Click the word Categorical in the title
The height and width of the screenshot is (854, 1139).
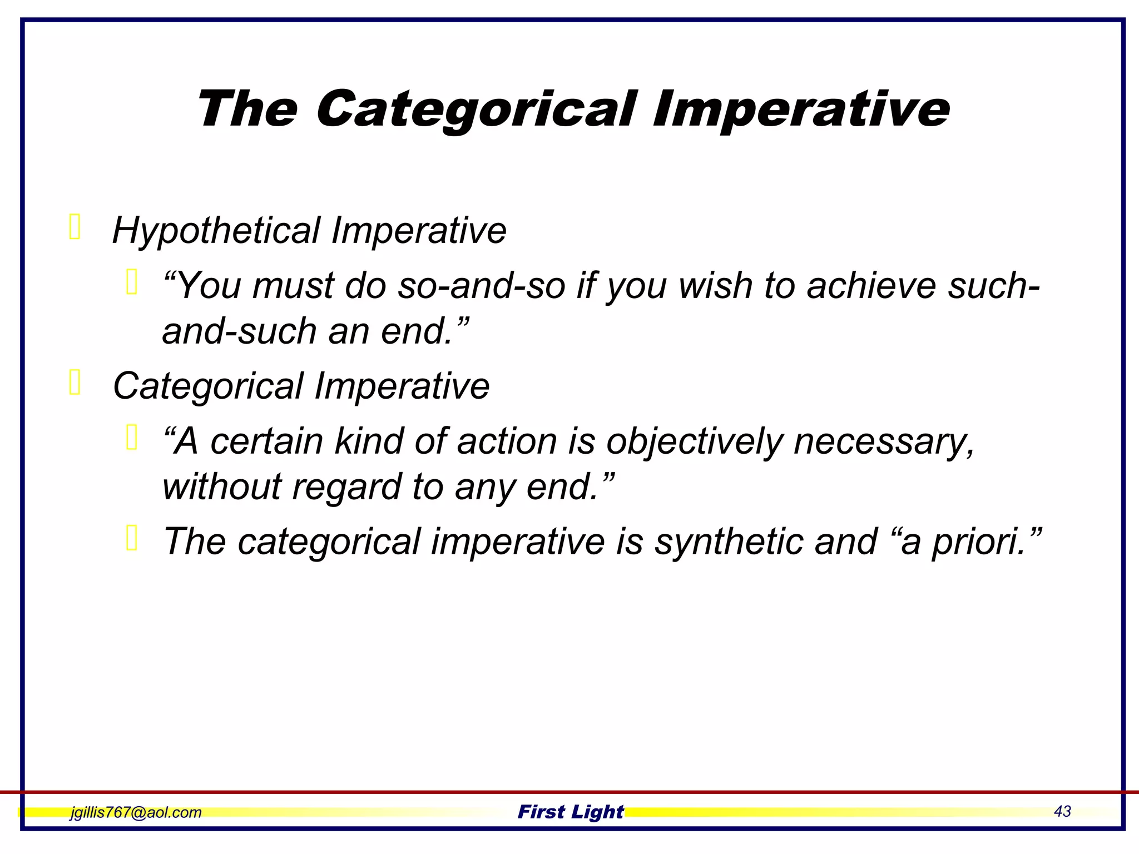pos(476,110)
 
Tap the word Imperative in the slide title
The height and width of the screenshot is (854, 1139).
pos(801,110)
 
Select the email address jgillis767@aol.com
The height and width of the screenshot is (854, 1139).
pos(136,812)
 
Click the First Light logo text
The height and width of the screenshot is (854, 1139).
pos(570,812)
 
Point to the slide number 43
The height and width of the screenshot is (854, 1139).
pos(1062,812)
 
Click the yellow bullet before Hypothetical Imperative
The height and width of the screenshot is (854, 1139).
pos(75,227)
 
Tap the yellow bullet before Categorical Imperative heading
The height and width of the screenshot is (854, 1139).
pos(75,383)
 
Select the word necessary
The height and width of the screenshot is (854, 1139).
pos(883,442)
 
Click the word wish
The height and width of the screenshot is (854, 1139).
pos(715,286)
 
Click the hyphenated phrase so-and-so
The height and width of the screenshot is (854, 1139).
pos(482,286)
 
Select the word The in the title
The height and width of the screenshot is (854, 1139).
pos(247,110)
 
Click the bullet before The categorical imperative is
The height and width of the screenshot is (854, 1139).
pos(132,538)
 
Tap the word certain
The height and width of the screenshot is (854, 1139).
pos(266,442)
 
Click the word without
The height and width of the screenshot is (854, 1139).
pos(222,486)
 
